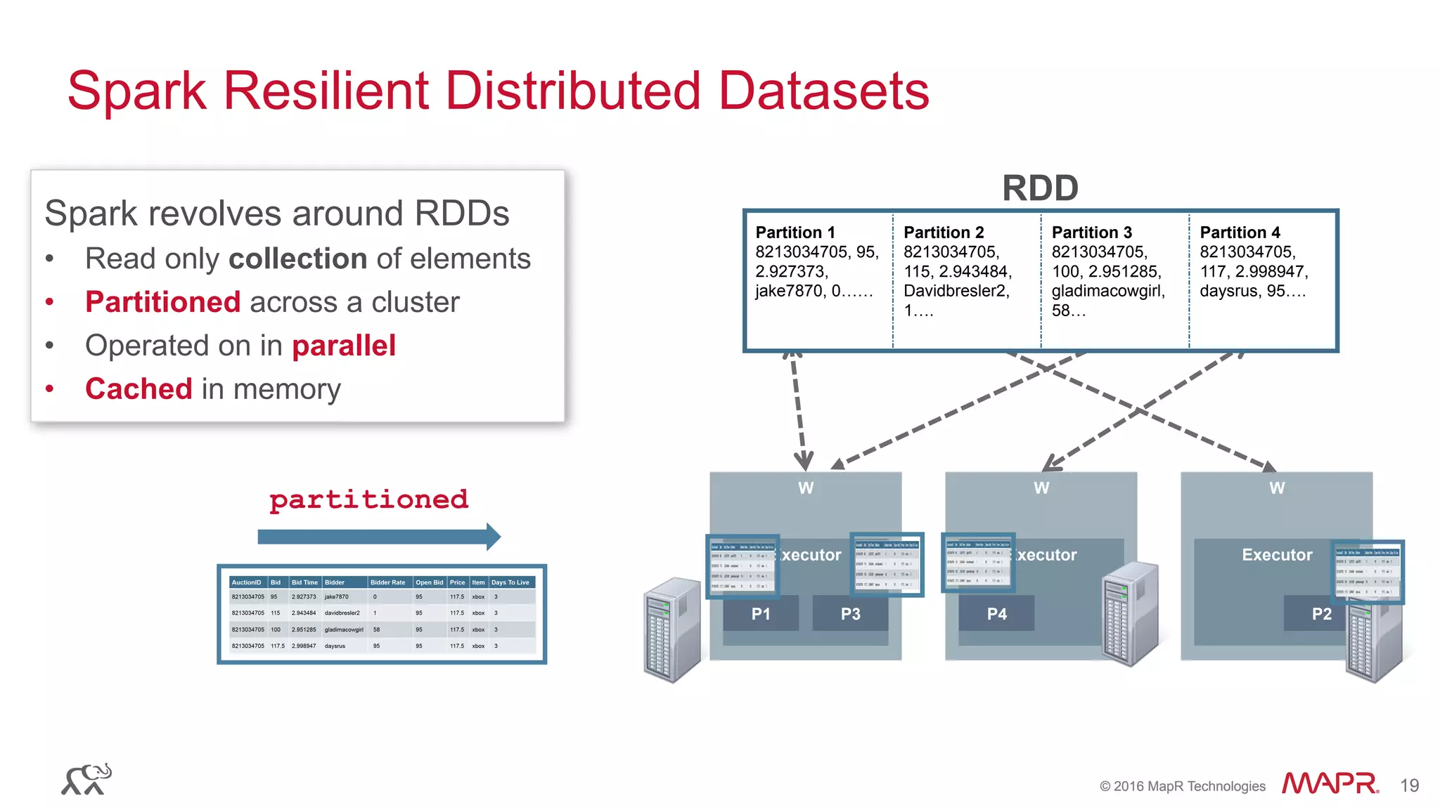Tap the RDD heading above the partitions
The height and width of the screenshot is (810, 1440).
[1040, 188]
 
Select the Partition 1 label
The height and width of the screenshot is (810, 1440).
[795, 233]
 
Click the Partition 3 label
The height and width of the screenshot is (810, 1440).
[1091, 233]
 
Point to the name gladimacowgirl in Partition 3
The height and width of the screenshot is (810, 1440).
[1108, 291]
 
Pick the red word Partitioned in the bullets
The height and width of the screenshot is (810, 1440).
[163, 302]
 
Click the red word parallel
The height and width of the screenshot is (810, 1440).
[344, 346]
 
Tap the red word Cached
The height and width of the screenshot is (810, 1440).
[139, 389]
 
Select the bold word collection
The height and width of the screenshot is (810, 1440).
[298, 259]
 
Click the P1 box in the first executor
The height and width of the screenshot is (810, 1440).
[761, 614]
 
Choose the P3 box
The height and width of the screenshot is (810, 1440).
[850, 614]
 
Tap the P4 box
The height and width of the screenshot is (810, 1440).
[996, 614]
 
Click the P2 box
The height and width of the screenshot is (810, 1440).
[1320, 614]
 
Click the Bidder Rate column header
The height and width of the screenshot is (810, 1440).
[387, 582]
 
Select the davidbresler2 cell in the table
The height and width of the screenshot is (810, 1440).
[342, 613]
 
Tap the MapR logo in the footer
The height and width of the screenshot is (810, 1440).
[1329, 783]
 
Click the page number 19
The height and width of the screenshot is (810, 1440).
[1409, 785]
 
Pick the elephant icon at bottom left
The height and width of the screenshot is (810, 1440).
[86, 779]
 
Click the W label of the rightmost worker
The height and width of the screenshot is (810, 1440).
[1277, 488]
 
